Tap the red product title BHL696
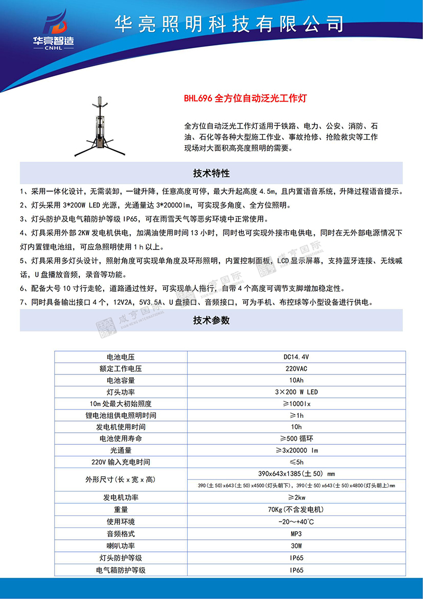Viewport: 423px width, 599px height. pyautogui.click(x=245, y=98)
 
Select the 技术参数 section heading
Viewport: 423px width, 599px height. pyautogui.click(x=211, y=320)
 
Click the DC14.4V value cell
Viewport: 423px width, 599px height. pyautogui.click(x=296, y=357)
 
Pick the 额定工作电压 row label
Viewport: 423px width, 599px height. pyautogui.click(x=121, y=369)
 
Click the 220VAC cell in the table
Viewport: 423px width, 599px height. pyautogui.click(x=296, y=369)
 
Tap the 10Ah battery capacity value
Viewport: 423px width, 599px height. pyautogui.click(x=296, y=380)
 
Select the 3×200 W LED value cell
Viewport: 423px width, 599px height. pyautogui.click(x=296, y=392)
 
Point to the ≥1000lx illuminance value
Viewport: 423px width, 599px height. pyautogui.click(x=296, y=404)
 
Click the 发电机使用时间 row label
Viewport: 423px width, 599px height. pyautogui.click(x=121, y=427)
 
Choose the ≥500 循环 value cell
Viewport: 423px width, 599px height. pyautogui.click(x=296, y=439)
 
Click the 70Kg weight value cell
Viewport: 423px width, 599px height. pyautogui.click(x=296, y=509)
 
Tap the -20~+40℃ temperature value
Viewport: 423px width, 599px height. pyautogui.click(x=296, y=522)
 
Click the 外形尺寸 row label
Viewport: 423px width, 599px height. pyautogui.click(x=121, y=479)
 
